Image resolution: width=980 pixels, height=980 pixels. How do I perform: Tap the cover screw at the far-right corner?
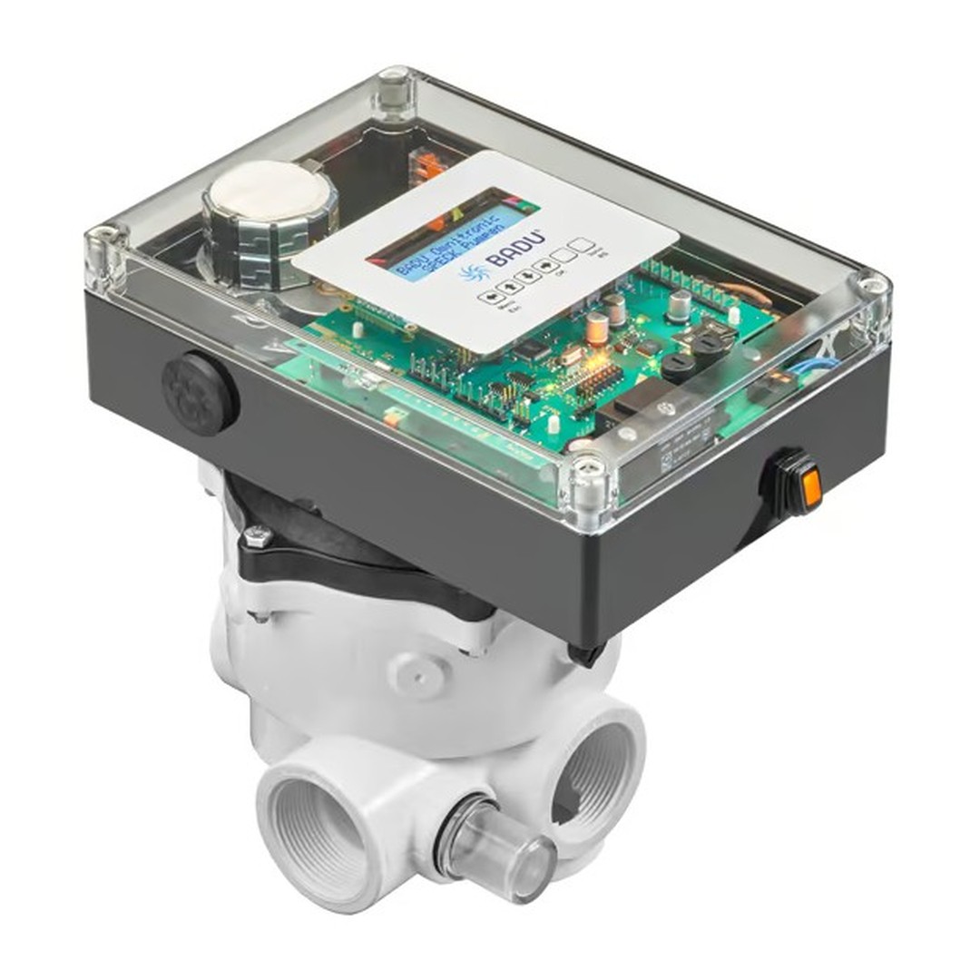click(872, 288)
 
